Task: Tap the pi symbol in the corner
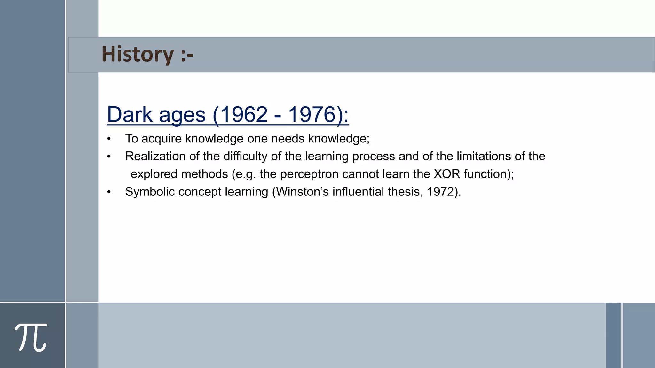(x=31, y=337)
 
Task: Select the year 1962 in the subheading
(x=244, y=114)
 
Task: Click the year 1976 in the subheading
(x=312, y=114)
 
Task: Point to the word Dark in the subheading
(x=130, y=114)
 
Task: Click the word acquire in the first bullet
(x=162, y=139)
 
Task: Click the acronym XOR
(x=447, y=174)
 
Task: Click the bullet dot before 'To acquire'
(x=109, y=139)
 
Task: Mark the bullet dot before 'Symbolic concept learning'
(x=109, y=192)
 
